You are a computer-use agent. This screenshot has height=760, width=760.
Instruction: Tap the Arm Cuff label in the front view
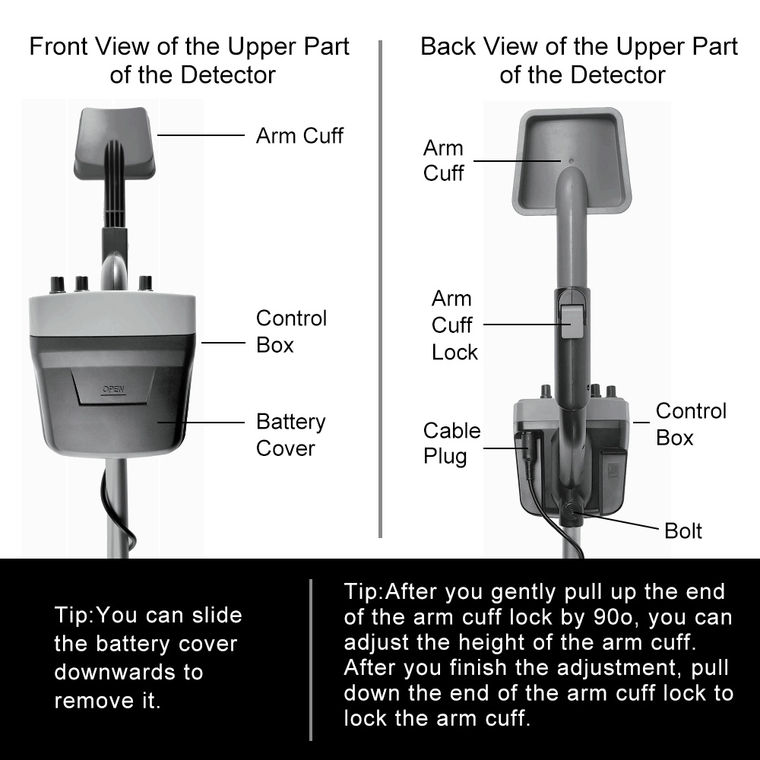(299, 136)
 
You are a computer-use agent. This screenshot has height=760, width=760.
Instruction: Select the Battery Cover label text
(290, 435)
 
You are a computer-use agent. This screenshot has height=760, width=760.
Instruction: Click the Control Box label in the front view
(291, 331)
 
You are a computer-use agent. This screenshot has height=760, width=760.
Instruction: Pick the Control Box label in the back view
(691, 424)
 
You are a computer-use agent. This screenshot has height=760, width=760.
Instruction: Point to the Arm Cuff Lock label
(454, 325)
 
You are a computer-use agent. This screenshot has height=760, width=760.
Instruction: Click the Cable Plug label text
(451, 444)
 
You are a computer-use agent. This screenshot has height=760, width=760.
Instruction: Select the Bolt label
(683, 530)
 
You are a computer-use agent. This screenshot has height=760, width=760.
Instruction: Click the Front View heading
(189, 61)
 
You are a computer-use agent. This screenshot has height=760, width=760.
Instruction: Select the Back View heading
(579, 61)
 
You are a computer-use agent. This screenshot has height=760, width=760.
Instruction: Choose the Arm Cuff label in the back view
(443, 160)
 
